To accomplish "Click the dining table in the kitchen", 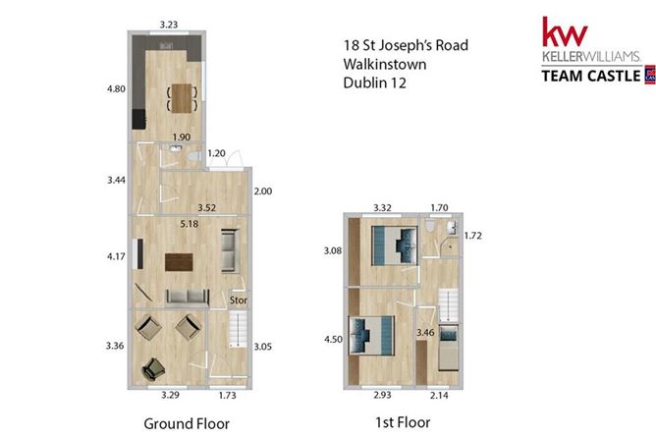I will [182, 97].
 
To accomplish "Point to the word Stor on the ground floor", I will [238, 300].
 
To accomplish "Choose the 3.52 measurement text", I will [206, 208].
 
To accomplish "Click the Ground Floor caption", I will [186, 424].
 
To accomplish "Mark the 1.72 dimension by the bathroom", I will [473, 237].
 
